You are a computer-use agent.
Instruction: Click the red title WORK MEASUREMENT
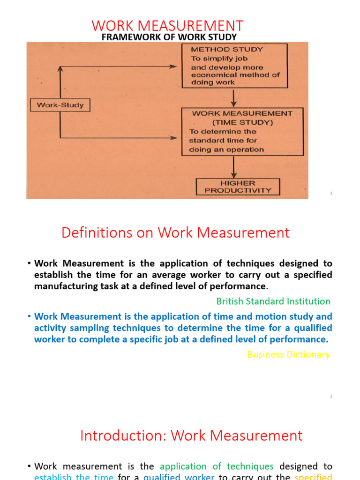coord(167,25)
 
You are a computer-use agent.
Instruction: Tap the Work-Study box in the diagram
coord(60,105)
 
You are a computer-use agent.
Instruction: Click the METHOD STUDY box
coord(234,66)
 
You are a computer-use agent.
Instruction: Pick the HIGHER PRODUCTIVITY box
coord(237,187)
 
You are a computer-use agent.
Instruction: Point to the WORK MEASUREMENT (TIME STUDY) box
coord(242,132)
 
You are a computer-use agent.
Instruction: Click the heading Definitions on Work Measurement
coord(176,232)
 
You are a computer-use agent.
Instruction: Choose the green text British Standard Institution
coord(273,301)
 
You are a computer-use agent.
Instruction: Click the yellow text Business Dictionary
coord(288,354)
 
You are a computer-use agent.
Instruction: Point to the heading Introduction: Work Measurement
coord(191,435)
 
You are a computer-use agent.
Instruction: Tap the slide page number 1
coord(331,193)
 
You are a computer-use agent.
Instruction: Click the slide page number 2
coord(331,396)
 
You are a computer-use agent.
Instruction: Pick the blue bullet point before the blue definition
coord(29,317)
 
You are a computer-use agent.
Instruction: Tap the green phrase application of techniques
coord(217,466)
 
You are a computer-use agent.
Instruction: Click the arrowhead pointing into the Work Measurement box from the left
coord(175,138)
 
